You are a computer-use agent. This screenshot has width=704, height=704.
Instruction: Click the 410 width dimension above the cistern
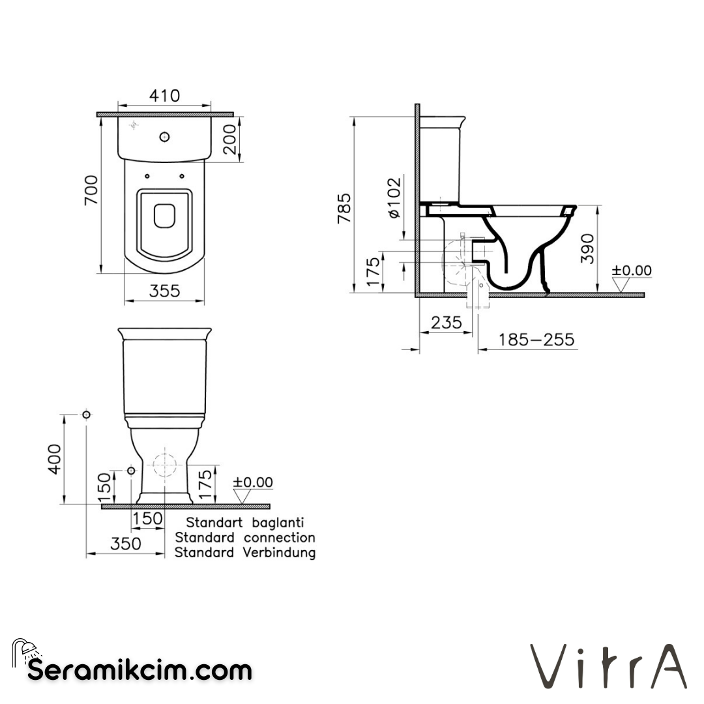pos(164,96)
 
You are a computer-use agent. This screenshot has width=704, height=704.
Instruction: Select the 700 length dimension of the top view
pos(91,190)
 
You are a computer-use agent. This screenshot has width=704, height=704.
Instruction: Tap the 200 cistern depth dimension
pos(229,139)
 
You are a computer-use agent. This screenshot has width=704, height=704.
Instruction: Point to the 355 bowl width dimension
pos(164,291)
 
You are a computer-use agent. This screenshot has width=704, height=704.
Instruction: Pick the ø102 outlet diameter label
pos(393,198)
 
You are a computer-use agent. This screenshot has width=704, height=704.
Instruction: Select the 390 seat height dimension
pos(589,248)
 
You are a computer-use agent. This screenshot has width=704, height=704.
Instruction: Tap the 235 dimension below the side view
pos(446,323)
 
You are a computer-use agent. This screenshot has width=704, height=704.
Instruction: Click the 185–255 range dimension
pos(536,340)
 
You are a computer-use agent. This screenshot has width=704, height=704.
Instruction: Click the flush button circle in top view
pos(164,137)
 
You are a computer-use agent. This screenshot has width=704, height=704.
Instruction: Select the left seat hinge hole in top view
pos(147,175)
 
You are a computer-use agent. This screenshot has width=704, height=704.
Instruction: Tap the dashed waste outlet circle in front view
pos(164,465)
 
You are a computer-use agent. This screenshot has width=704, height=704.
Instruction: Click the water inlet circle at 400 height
pos(86,415)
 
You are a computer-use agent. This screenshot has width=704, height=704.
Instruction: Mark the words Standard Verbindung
pos(244,553)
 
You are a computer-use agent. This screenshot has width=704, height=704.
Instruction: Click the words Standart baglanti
pos(244,522)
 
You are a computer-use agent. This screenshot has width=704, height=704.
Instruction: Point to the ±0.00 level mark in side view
pos(631,271)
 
